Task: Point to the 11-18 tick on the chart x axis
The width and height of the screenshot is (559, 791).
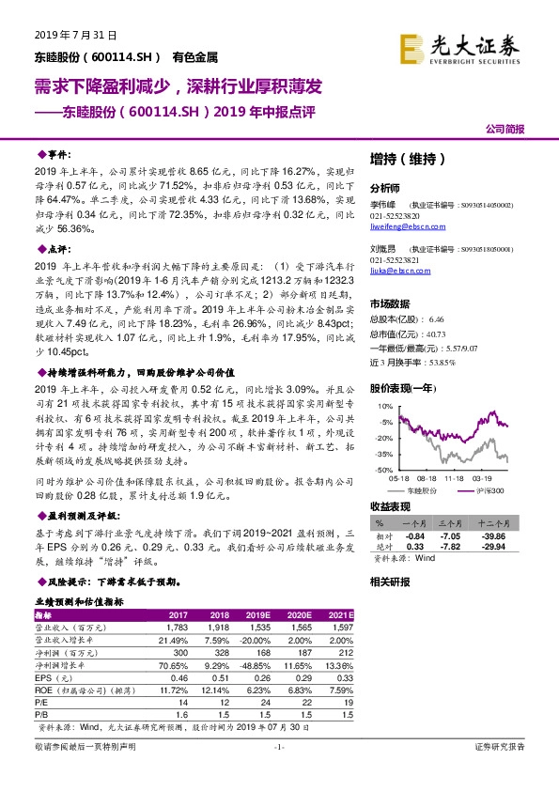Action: tap(455, 477)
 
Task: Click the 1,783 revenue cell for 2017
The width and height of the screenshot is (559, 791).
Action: tap(178, 626)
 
